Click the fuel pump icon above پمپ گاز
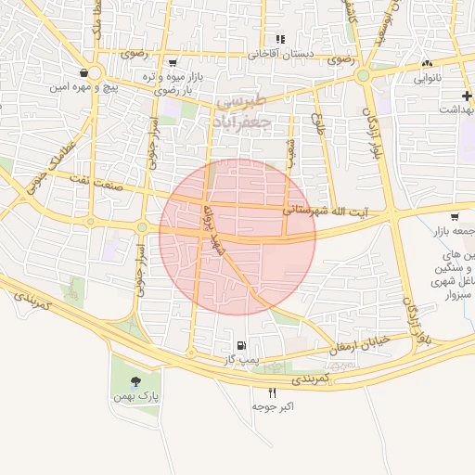(242, 345)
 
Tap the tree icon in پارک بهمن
(136, 380)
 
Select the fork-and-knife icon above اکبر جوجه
(272, 392)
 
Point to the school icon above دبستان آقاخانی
(280, 39)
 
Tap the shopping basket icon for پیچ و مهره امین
(84, 71)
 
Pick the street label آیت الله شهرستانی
(325, 212)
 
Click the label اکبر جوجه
(272, 406)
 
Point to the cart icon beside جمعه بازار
(454, 216)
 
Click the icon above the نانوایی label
(426, 64)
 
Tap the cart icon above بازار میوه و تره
(173, 63)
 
